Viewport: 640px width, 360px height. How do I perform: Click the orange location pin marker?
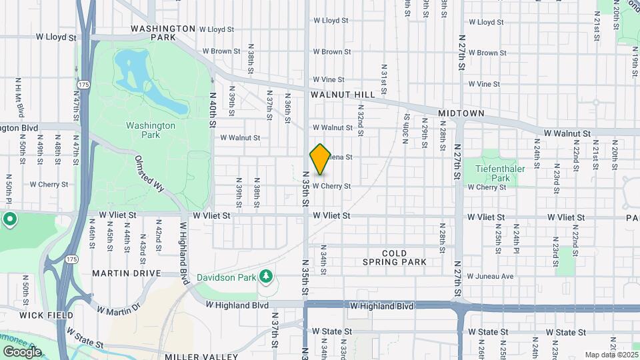point(320,159)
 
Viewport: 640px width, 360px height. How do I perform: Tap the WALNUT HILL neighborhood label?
point(343,95)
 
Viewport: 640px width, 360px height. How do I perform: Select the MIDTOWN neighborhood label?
point(461,114)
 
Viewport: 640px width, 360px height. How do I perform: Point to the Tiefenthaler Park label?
point(501,173)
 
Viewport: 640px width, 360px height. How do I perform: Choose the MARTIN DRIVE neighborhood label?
point(127,273)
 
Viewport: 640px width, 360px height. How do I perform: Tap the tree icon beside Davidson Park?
point(266,276)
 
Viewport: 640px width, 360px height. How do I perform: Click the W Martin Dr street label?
point(119,308)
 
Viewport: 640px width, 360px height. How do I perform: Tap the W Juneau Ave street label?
point(490,276)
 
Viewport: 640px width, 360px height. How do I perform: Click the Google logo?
point(22,351)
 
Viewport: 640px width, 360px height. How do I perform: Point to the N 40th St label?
point(213,110)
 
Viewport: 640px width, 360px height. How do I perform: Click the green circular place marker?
point(9,219)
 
